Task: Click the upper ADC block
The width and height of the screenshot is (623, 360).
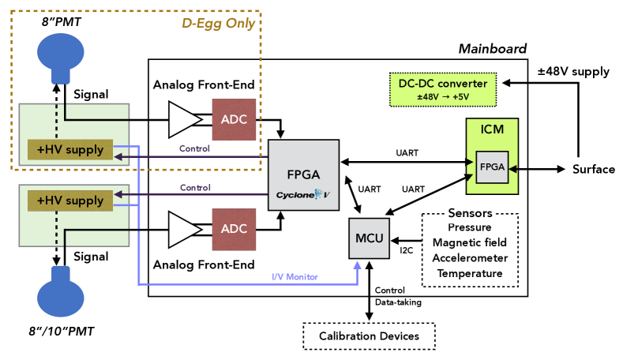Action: [x=234, y=120]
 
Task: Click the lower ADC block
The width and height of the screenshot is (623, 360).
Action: [x=234, y=229]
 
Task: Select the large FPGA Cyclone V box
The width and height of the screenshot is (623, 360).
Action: [x=304, y=174]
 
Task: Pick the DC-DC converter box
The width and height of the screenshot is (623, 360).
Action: [x=443, y=89]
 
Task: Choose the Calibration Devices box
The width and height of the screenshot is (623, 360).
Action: [x=368, y=336]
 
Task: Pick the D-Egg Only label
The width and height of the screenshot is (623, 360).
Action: [x=217, y=23]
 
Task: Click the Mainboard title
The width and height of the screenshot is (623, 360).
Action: [x=492, y=49]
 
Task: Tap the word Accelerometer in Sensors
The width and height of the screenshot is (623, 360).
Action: [x=470, y=258]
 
